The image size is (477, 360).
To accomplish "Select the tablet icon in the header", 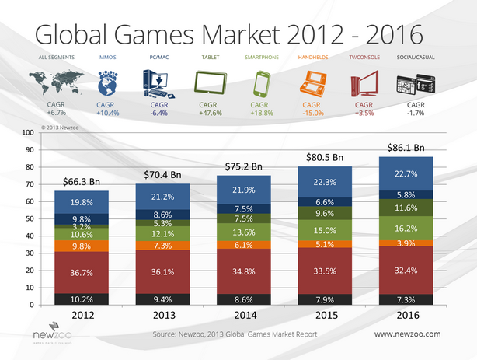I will coord(208,82).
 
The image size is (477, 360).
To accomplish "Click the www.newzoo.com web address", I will coord(407,334).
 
